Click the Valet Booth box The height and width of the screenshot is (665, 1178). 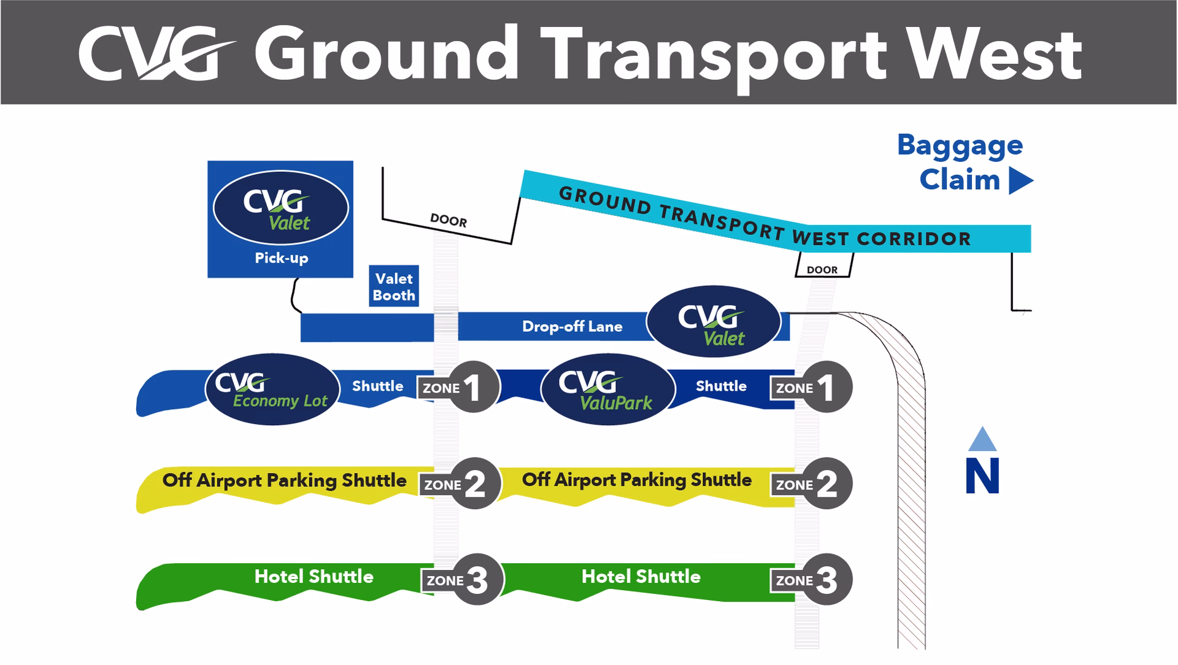click(394, 286)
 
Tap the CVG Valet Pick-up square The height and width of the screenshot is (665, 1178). click(280, 219)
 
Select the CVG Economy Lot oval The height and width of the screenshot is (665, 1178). click(272, 389)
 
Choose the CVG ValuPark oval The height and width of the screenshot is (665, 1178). click(607, 389)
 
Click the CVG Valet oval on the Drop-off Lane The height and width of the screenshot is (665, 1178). click(714, 321)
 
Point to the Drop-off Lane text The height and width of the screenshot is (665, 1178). click(572, 326)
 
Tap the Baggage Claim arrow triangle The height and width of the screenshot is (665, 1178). click(1020, 181)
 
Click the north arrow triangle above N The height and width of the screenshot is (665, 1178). click(982, 440)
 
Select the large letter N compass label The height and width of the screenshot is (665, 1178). click(982, 476)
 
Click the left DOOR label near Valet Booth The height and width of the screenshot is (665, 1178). click(448, 220)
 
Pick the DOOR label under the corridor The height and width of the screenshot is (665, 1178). click(822, 270)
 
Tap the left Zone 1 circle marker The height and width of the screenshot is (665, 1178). click(473, 387)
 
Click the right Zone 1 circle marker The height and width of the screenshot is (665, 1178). click(827, 387)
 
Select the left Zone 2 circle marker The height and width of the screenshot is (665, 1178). click(475, 484)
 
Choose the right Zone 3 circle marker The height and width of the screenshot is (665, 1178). click(827, 580)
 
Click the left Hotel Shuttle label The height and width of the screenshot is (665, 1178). click(314, 577)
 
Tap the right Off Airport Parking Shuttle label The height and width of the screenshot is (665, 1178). click(636, 480)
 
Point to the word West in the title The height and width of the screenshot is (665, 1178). click(995, 56)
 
